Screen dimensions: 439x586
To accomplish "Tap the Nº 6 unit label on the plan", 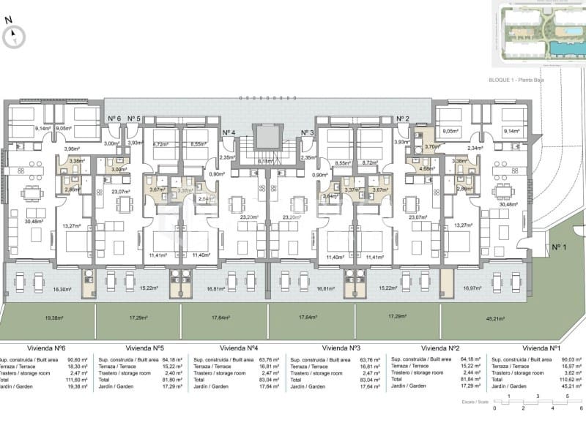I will (x=114, y=118).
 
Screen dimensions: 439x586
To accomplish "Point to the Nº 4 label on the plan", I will (x=229, y=132).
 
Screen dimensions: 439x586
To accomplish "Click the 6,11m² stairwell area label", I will (x=265, y=161).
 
